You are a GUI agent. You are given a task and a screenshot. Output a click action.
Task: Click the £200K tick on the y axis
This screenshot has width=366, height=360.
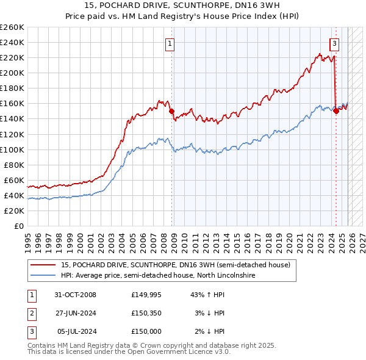tap(12, 73)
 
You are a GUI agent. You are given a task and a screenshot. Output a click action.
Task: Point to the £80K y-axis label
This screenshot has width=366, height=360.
tap(14, 165)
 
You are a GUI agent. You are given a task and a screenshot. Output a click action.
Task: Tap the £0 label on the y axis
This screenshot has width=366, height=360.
tap(20, 226)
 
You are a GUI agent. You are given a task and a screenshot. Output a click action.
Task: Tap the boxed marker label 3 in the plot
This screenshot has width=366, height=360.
tap(334, 43)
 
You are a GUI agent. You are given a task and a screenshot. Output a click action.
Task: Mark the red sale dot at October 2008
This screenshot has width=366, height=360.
tap(171, 111)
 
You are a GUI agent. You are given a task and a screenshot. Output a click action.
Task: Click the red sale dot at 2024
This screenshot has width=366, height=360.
tap(336, 110)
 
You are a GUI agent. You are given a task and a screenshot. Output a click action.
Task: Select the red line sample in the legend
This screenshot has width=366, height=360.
tap(43, 265)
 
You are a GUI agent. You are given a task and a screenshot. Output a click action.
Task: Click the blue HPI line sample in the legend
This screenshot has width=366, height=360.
tap(43, 275)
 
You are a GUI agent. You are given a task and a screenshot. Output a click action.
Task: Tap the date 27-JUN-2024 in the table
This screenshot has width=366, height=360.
tap(76, 313)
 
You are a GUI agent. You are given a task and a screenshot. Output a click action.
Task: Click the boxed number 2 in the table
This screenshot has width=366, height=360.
tap(30, 313)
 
